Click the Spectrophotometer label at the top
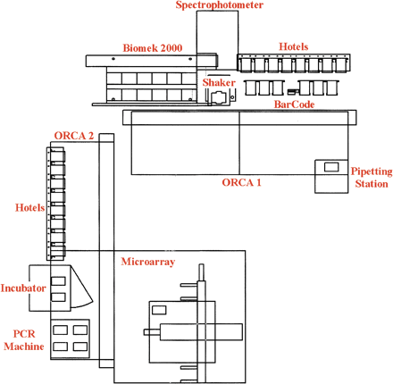coord(219,5)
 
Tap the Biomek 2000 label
coord(153,48)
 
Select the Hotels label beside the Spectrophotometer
coord(296,46)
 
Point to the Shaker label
coord(219,82)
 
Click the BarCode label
coord(295,104)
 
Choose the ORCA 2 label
coord(74,135)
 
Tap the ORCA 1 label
coord(241,181)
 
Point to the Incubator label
coord(23,288)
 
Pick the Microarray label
coord(147,262)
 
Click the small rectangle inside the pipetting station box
coord(331,167)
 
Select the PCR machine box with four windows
coord(70,338)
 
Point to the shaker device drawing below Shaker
coord(218,99)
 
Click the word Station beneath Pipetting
coord(372,184)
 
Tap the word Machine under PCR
coord(25,346)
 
